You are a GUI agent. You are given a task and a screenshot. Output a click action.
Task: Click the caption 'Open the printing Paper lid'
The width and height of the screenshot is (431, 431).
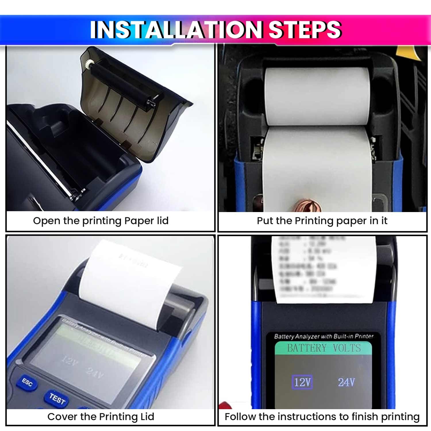pyautogui.click(x=101, y=221)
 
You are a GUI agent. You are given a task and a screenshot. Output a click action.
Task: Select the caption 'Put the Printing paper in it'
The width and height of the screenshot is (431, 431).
pyautogui.click(x=322, y=221)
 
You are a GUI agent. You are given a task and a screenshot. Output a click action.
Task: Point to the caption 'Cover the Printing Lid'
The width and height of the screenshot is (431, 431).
pyautogui.click(x=101, y=417)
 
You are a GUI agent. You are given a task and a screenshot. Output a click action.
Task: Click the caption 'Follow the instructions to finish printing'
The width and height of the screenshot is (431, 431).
pyautogui.click(x=322, y=417)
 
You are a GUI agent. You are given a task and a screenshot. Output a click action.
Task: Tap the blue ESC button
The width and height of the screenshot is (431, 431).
pyautogui.click(x=28, y=382)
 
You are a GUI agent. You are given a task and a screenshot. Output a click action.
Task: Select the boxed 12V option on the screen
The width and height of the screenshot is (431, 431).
pyautogui.click(x=302, y=382)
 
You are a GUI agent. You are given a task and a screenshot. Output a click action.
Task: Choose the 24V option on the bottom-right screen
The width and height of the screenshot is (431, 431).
pyautogui.click(x=346, y=382)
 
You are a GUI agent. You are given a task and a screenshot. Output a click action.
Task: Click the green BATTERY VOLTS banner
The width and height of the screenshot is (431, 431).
pyautogui.click(x=324, y=348)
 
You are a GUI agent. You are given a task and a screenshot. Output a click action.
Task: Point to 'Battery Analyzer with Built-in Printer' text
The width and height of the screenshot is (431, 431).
pyautogui.click(x=324, y=336)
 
